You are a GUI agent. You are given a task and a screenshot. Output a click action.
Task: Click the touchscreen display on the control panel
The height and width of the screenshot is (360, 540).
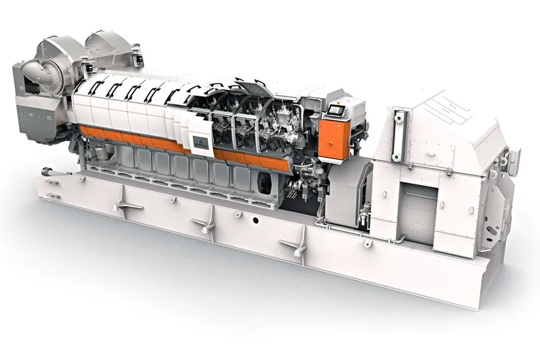[x=336, y=109]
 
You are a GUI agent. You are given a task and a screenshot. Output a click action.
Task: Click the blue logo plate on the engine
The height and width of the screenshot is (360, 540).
[x=202, y=143]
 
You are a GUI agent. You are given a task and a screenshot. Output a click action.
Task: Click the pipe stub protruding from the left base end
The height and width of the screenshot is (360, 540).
[x=48, y=172]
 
